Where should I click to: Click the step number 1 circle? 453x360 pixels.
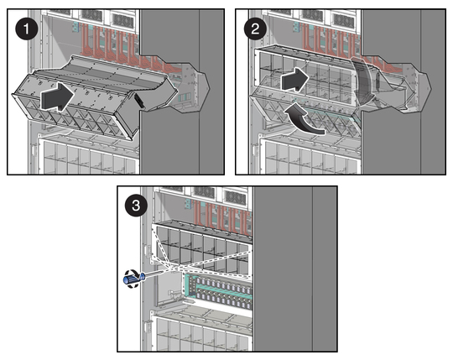[x=27, y=29]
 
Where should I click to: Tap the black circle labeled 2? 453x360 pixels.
[x=255, y=29]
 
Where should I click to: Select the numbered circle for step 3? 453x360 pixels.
[x=136, y=206]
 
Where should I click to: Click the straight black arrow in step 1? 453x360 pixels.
[x=58, y=97]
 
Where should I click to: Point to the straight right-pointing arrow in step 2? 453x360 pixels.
[x=295, y=79]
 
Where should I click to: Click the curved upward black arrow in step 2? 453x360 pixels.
[x=303, y=121]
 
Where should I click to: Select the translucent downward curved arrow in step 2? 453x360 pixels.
[x=362, y=80]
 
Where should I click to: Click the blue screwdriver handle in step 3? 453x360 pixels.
[x=133, y=279]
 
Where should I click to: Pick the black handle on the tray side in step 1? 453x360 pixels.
[x=138, y=99]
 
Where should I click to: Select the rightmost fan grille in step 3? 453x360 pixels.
[x=236, y=197]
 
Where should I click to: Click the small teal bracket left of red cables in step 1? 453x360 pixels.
[x=75, y=27]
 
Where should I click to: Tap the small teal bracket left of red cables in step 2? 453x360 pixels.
[x=296, y=26]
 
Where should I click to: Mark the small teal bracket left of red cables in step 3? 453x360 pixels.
[x=188, y=204]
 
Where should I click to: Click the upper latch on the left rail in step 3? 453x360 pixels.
[x=149, y=253]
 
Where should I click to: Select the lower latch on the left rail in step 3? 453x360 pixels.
[x=148, y=326]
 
